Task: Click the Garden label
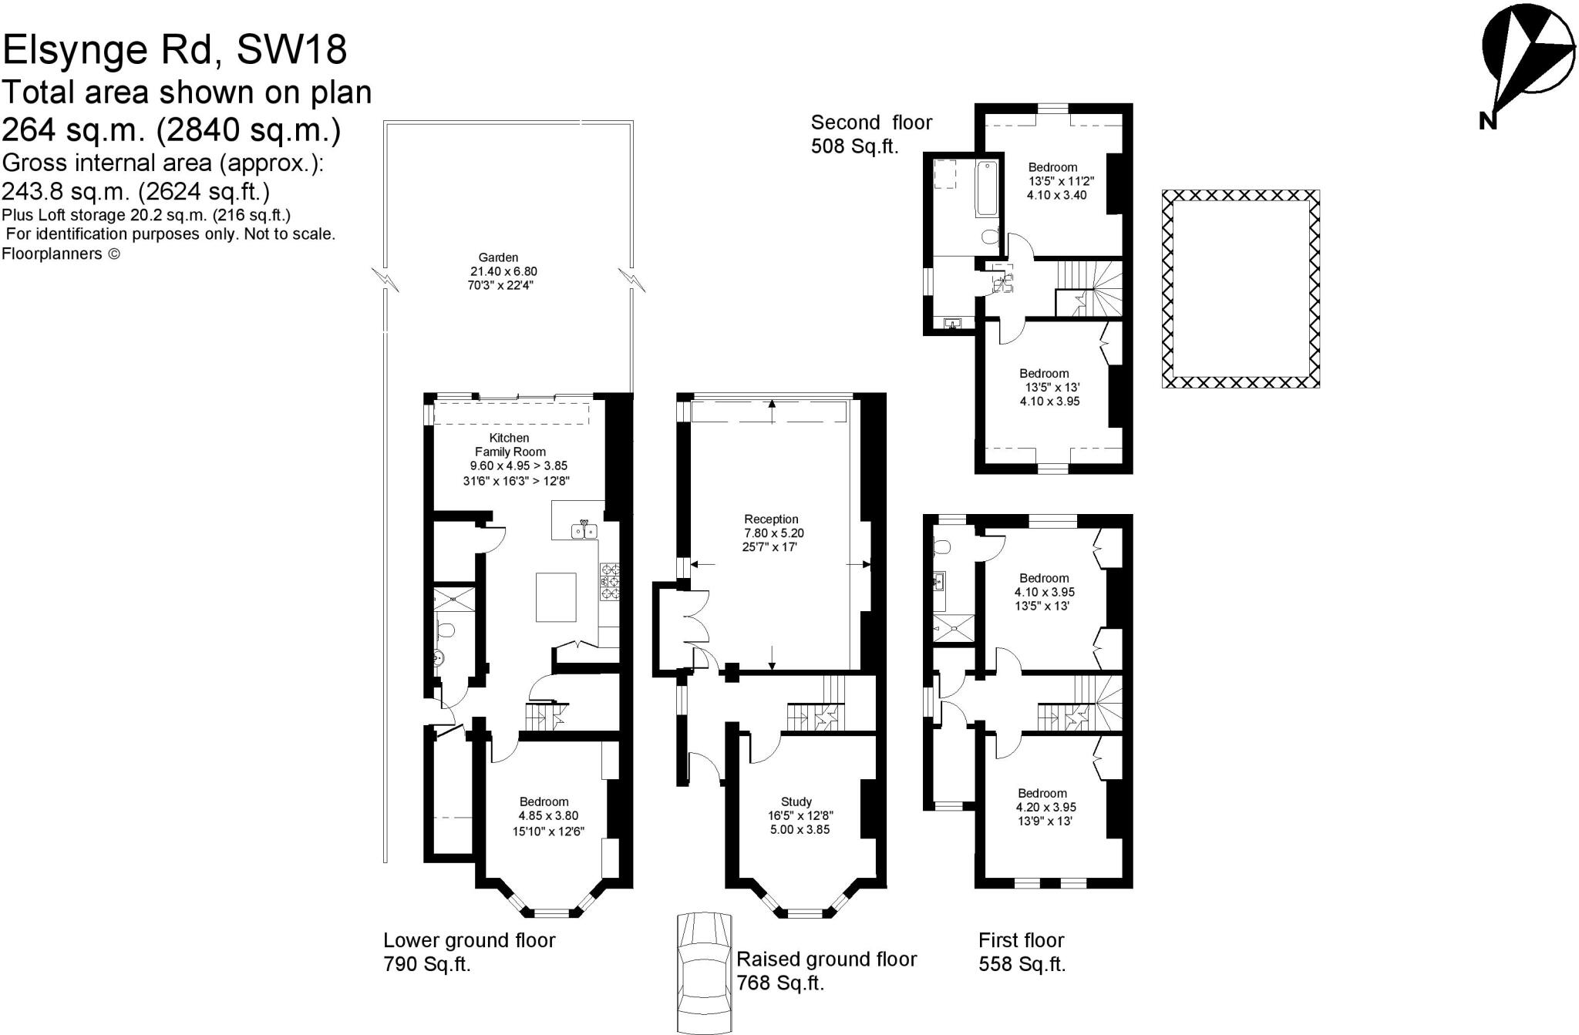tap(498, 257)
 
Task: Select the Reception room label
tap(771, 519)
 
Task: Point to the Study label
tap(796, 801)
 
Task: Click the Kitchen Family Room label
tap(510, 445)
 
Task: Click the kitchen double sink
tap(584, 530)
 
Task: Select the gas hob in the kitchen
tap(611, 580)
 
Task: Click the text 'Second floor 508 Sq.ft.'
tap(871, 134)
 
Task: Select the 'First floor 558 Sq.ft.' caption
tap(1022, 952)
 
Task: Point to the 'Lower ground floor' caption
tap(469, 940)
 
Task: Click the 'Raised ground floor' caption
tap(827, 959)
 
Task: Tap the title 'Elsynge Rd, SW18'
tap(175, 50)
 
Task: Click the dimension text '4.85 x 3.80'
tap(548, 815)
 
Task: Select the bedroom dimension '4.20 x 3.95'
tap(1045, 807)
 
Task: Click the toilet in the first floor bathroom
tap(941, 546)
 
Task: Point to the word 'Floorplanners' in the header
tap(52, 254)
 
